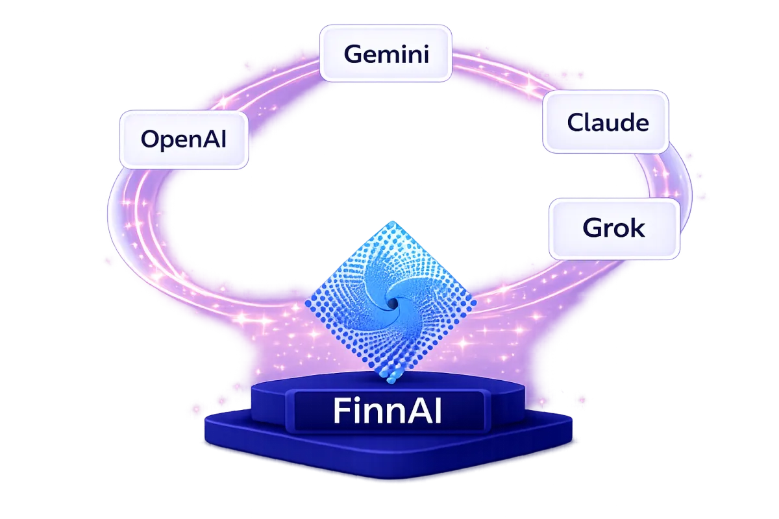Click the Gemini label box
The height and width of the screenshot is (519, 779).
point(386,53)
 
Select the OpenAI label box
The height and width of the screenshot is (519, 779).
point(184,139)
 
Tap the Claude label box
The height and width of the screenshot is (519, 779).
point(605,122)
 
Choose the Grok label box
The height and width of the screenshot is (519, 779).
point(614,228)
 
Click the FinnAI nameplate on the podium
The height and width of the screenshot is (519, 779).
point(388,411)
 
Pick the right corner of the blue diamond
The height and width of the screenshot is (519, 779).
point(474,301)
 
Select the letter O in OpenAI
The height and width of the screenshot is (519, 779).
point(150,139)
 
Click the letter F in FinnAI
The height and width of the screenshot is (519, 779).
point(341,411)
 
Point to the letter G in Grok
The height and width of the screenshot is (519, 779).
point(591,228)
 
